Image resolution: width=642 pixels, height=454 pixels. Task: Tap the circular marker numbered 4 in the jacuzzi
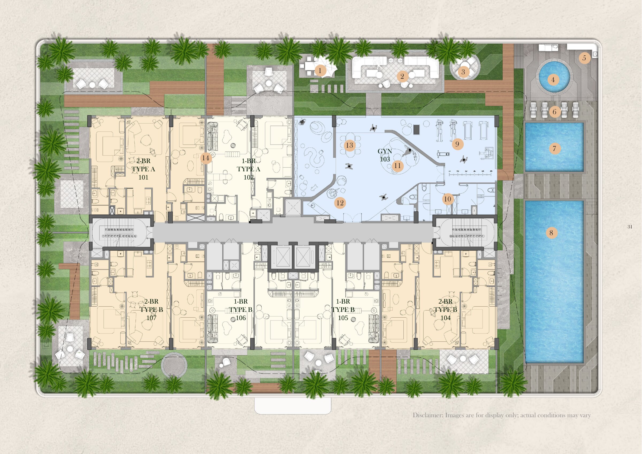point(553,80)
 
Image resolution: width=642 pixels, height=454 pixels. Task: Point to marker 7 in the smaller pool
point(555,148)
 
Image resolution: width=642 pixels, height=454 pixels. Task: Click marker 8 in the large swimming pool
point(551,233)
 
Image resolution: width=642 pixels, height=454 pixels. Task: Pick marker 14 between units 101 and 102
point(205,158)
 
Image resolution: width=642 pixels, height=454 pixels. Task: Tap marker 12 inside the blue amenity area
point(340,203)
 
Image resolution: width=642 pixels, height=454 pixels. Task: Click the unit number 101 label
point(143,177)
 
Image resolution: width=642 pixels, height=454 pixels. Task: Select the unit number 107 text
point(151,318)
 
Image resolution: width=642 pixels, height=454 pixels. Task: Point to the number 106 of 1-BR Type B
point(241,318)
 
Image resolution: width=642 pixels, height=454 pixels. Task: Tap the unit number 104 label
point(445,318)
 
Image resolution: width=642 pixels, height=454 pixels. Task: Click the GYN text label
point(385,151)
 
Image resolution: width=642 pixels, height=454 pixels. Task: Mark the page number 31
point(630,227)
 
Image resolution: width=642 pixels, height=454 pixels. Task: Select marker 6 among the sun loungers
point(555,112)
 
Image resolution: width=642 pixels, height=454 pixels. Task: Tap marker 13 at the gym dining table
point(350,145)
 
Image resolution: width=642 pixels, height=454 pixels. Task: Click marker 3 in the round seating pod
point(463,72)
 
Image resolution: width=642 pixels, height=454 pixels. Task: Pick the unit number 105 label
point(343,318)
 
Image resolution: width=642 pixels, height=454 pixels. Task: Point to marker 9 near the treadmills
point(457,144)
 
